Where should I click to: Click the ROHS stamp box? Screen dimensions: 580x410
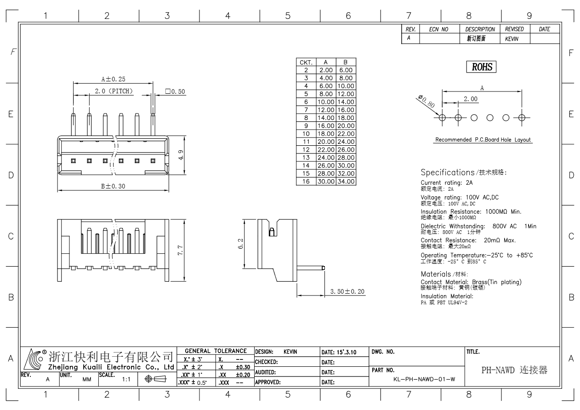tap(481, 67)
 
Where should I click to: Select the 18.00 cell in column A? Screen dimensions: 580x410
tap(326, 134)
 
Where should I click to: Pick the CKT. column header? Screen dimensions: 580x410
tap(306, 62)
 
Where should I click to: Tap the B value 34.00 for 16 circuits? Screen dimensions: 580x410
tap(346, 181)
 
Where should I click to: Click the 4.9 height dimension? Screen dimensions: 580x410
tap(181, 155)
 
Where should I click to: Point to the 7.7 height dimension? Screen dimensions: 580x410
tap(180, 250)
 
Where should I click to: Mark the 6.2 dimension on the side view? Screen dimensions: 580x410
tap(240, 244)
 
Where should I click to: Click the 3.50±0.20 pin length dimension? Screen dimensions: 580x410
tap(347, 291)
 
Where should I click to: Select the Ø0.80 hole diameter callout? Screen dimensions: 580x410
tap(426, 101)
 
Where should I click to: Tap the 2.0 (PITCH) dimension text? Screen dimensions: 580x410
tap(114, 91)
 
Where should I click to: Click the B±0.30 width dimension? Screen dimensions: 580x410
tap(113, 186)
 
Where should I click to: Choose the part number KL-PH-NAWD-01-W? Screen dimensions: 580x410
tap(424, 379)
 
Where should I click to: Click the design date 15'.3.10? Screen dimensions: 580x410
tap(347, 352)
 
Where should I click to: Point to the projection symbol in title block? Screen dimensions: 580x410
tap(156, 379)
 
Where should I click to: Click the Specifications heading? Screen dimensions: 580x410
tap(448, 172)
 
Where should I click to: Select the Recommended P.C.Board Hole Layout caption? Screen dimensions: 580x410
tap(483, 140)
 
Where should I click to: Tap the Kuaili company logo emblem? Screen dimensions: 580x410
tap(33, 359)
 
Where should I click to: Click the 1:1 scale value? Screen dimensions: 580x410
tap(126, 380)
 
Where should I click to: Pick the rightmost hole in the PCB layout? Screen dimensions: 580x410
tap(522, 118)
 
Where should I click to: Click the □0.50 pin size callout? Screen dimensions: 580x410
tap(175, 91)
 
